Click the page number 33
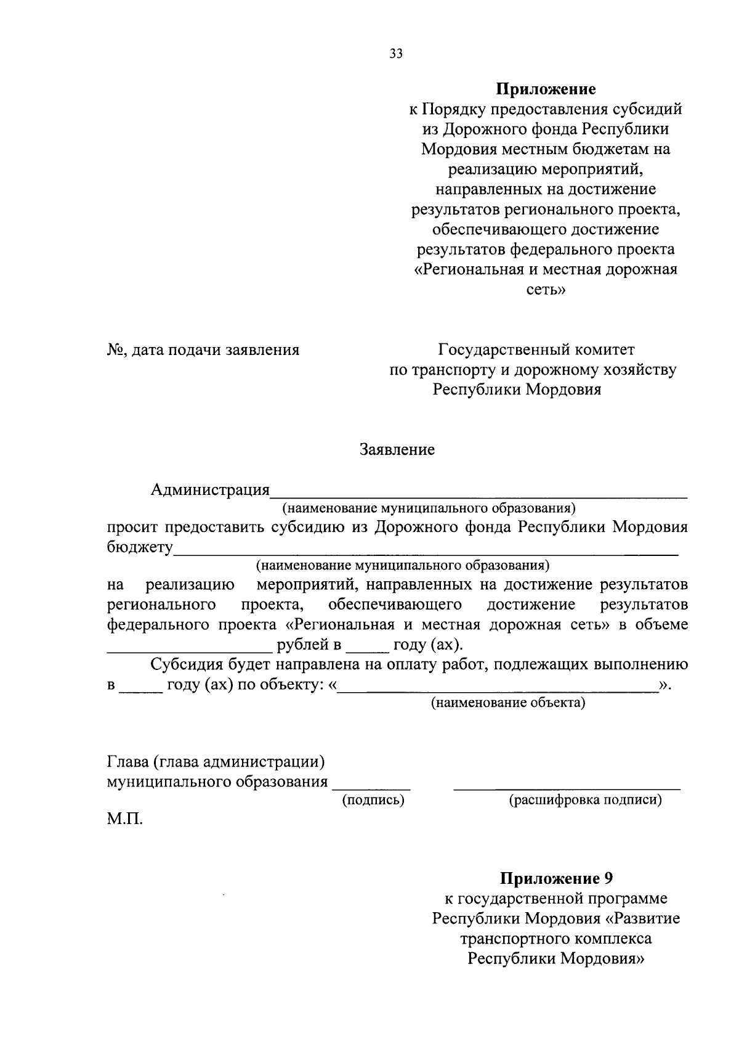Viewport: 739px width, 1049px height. point(396,54)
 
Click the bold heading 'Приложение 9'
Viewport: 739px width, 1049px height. point(556,878)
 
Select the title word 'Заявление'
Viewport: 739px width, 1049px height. point(397,450)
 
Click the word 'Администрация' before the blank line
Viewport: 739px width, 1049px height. point(210,490)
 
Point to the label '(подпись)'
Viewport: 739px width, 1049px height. point(373,800)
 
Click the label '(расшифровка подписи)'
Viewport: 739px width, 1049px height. point(585,800)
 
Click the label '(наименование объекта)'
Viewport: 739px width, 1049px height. point(507,703)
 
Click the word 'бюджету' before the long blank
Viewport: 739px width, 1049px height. point(140,547)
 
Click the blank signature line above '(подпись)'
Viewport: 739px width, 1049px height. point(371,788)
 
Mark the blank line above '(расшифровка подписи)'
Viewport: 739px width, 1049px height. point(567,788)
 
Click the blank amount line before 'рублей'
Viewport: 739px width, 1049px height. point(190,651)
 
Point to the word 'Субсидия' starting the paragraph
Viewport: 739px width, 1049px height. point(187,665)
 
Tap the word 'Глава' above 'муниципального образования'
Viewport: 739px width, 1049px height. point(127,762)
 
